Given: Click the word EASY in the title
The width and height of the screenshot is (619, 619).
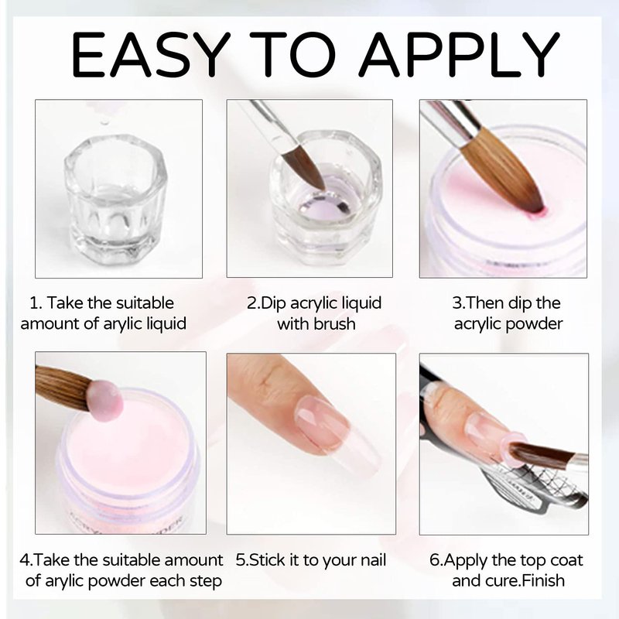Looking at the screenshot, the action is (150, 54).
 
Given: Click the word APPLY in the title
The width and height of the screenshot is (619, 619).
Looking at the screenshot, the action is (460, 54).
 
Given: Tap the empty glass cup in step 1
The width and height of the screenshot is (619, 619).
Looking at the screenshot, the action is (115, 199).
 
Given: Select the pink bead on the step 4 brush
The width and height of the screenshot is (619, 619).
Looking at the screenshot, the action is (105, 401).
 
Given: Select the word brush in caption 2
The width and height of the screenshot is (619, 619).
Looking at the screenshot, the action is (334, 323).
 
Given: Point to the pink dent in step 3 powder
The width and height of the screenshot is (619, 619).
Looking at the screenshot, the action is (536, 214).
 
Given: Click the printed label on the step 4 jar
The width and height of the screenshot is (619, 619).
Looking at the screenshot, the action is (126, 521).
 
